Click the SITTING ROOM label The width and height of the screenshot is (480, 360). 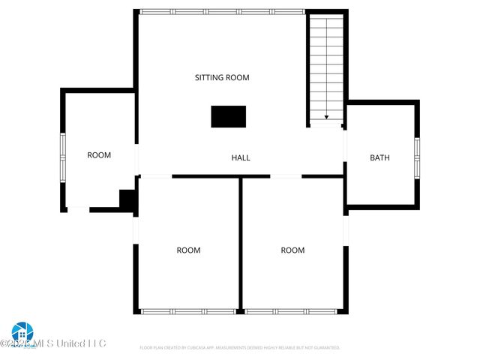click(222, 77)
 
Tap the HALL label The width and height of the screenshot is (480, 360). click(241, 157)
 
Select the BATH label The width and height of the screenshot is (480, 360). click(379, 157)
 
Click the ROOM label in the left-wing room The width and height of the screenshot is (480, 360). click(99, 155)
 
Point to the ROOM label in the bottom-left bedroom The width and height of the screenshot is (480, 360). click(188, 250)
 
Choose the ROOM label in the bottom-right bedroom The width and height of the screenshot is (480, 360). click(292, 250)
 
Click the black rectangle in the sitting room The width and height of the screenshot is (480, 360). click(228, 116)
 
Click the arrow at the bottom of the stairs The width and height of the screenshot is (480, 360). click(326, 117)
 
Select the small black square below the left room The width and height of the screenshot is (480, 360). click(127, 199)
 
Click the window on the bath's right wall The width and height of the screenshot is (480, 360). click(417, 157)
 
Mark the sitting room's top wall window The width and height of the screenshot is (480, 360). click(222, 12)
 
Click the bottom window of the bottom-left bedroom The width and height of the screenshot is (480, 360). click(188, 311)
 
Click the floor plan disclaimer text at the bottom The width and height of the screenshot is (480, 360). click(240, 348)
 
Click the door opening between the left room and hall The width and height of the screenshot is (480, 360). click(137, 157)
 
